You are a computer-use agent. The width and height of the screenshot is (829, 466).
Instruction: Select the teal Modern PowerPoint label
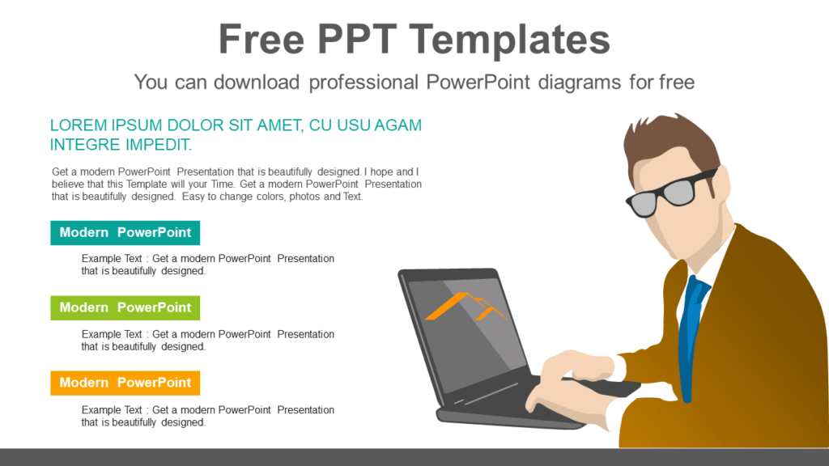tap(125, 233)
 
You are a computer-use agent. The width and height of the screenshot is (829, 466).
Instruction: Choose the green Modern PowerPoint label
tap(125, 308)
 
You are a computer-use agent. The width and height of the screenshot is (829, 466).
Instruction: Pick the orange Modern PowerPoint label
tap(125, 383)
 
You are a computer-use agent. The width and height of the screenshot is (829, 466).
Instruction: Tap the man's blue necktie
tap(690, 332)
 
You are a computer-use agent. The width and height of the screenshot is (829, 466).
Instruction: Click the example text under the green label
tap(207, 341)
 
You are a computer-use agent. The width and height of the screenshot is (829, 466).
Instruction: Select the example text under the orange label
tap(207, 416)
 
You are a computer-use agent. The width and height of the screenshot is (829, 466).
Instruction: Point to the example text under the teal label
tap(207, 265)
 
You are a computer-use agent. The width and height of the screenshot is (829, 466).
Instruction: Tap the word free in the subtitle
tap(676, 82)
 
